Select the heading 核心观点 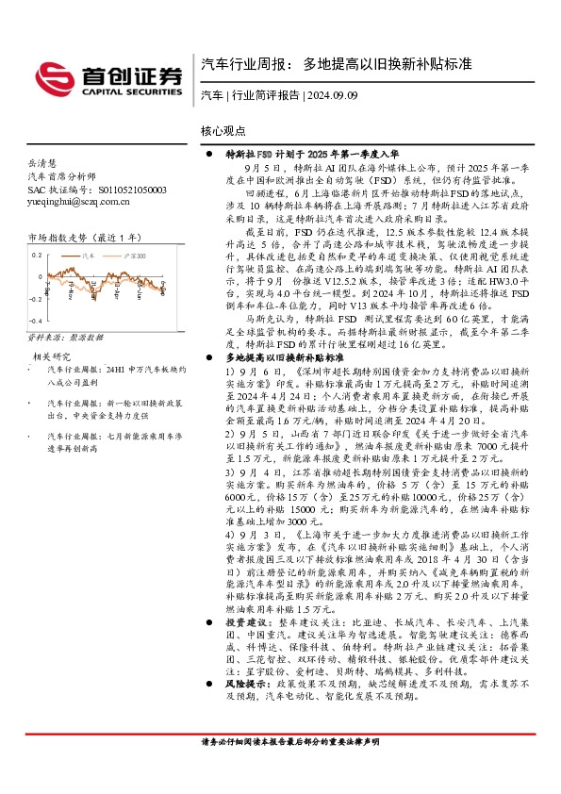coord(223,131)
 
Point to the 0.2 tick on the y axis coord(36,256)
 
